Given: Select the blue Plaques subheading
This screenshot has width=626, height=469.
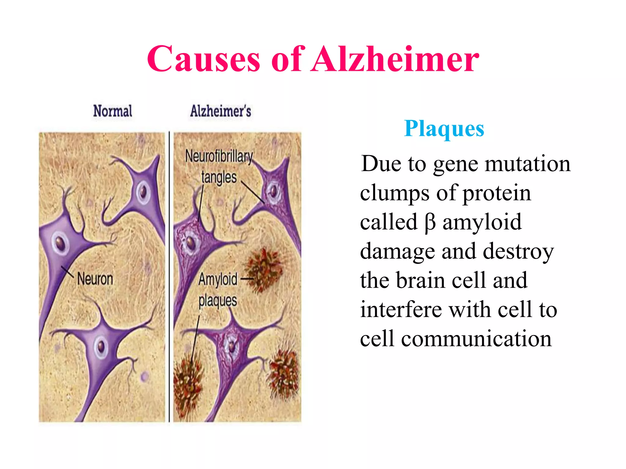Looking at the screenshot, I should click(444, 129).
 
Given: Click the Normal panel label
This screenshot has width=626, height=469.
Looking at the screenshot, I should click(112, 111).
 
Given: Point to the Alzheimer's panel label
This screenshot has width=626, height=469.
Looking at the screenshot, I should click(220, 111).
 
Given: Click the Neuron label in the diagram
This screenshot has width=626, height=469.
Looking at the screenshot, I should click(95, 279).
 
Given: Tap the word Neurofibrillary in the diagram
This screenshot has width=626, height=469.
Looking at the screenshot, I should click(219, 156).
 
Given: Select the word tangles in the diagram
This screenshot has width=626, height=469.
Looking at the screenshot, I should click(219, 177).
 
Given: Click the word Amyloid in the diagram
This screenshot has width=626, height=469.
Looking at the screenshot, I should click(218, 279).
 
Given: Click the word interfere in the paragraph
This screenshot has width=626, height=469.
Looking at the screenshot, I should click(401, 310).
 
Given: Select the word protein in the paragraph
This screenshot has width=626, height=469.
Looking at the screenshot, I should click(496, 193).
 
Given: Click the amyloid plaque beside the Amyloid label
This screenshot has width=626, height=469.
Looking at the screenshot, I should click(263, 269).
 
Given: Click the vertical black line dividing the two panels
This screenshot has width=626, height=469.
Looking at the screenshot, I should click(169, 275).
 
